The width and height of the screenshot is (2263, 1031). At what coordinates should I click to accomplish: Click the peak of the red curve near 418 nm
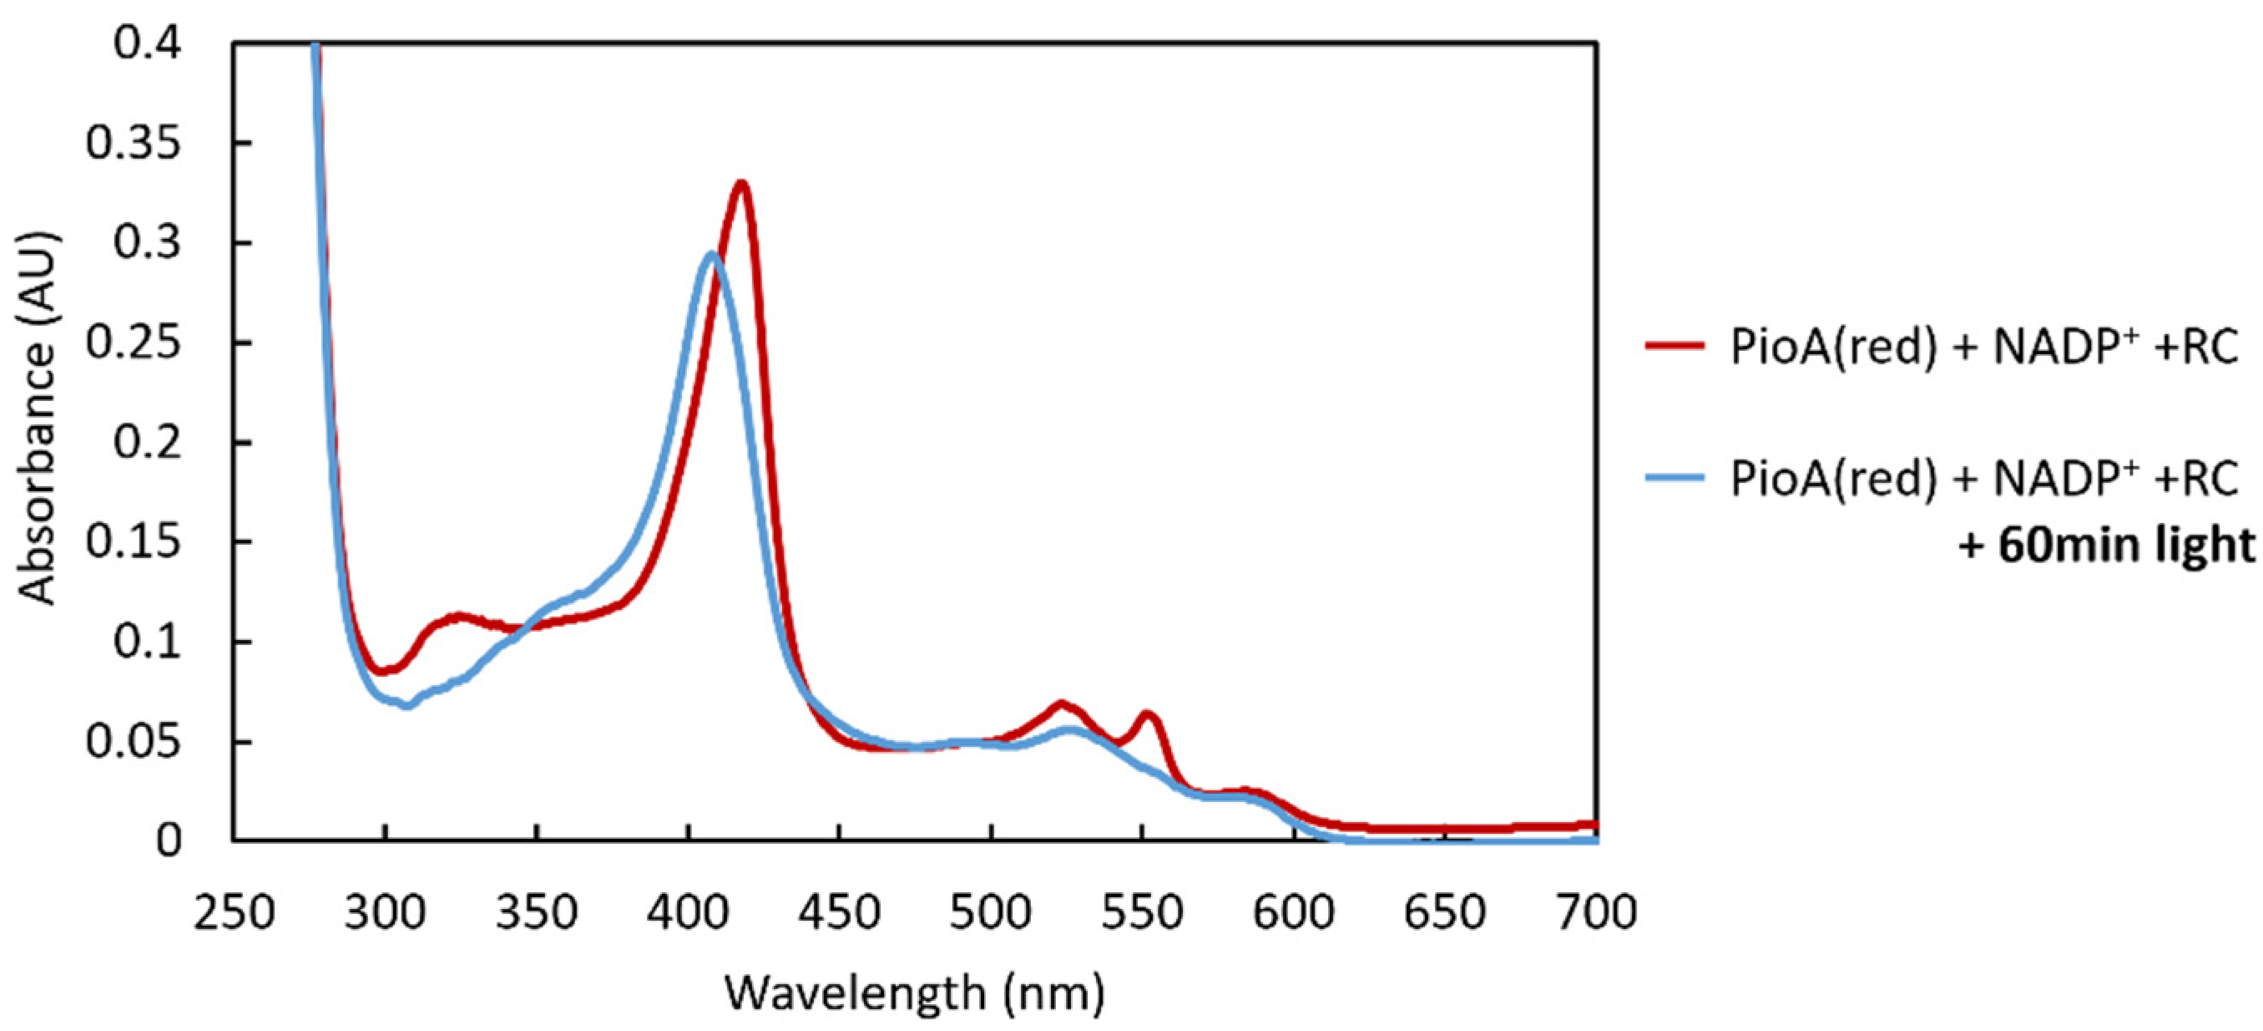point(742,183)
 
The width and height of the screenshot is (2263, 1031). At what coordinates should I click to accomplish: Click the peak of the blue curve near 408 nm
point(711,254)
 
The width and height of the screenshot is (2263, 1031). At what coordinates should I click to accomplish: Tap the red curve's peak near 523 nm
point(1061,704)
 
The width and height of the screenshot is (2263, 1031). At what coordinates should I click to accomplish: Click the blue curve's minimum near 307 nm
point(407,705)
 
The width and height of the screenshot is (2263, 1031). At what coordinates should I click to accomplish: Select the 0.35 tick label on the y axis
point(134,142)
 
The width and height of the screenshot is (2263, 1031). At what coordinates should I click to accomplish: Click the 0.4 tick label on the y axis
point(148,42)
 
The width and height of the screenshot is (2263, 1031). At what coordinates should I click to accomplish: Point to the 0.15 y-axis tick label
point(134,541)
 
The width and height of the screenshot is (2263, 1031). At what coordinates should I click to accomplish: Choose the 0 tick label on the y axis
point(169,841)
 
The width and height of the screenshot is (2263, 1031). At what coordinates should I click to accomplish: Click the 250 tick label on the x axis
point(234,912)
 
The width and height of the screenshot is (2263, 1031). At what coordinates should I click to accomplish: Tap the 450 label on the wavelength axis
point(839,912)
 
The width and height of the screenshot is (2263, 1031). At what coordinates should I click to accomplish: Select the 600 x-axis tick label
point(1293,912)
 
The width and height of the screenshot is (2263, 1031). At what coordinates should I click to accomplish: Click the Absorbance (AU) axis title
point(37,418)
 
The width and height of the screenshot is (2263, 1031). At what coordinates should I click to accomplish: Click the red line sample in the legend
point(1675,346)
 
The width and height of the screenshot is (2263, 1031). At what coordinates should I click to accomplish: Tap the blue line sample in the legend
point(1675,478)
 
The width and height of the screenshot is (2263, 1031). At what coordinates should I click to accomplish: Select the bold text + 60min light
point(2105,545)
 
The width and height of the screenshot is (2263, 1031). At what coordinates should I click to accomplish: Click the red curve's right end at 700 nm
point(1593,825)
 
